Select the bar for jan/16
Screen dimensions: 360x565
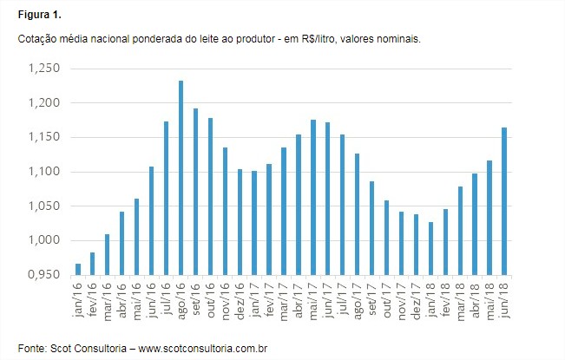[77, 269]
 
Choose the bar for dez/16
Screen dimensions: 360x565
[240, 222]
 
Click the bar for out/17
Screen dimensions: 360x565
[386, 238]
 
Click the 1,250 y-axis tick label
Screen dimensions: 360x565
[43, 69]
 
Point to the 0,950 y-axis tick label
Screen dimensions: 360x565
[43, 275]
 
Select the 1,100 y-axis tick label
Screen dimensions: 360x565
[43, 172]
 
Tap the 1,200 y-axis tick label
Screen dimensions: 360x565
[43, 103]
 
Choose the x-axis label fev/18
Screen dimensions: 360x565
[443, 296]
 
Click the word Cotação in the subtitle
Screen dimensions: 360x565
[36, 40]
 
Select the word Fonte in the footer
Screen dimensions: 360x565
[31, 347]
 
